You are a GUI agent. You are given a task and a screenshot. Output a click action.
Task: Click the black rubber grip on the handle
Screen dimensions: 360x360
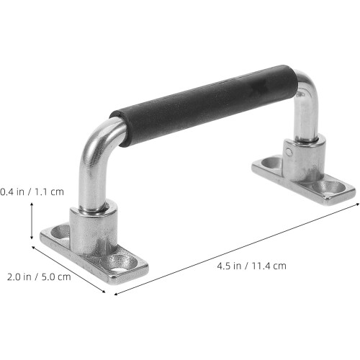pyautogui.click(x=204, y=106)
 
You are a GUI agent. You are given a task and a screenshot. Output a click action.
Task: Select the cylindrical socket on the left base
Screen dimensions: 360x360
pyautogui.click(x=94, y=228)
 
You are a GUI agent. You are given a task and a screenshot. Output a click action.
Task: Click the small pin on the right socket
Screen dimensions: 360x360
pyautogui.click(x=289, y=152)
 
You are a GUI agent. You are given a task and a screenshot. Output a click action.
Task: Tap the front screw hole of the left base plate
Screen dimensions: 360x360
pyautogui.click(x=120, y=262)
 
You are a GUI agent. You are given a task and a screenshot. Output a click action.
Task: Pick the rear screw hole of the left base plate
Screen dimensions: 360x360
pyautogui.click(x=61, y=232)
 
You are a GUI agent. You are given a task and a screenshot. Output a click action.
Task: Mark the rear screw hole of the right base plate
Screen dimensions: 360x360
pyautogui.click(x=272, y=162)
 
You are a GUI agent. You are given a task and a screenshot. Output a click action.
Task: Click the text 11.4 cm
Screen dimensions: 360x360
pyautogui.click(x=269, y=266)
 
